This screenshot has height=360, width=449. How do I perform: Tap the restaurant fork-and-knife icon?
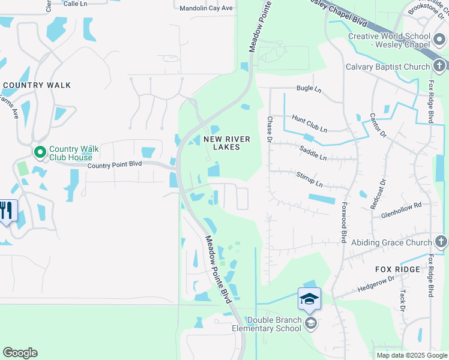coord(7,211)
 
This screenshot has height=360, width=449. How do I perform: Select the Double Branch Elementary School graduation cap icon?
coord(309,298)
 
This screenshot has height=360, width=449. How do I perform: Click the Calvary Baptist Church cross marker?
coord(439,66)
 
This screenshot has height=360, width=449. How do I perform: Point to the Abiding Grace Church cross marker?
coord(441,242)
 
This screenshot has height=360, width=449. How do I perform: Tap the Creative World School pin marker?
coord(439,40)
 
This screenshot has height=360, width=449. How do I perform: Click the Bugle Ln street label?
coord(309,89)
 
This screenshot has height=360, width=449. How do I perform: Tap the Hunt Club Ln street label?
coord(310,124)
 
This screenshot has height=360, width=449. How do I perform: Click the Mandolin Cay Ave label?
coord(206,8)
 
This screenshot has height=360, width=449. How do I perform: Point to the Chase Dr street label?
coord(270,128)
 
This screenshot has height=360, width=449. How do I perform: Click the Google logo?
coord(20,353)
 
